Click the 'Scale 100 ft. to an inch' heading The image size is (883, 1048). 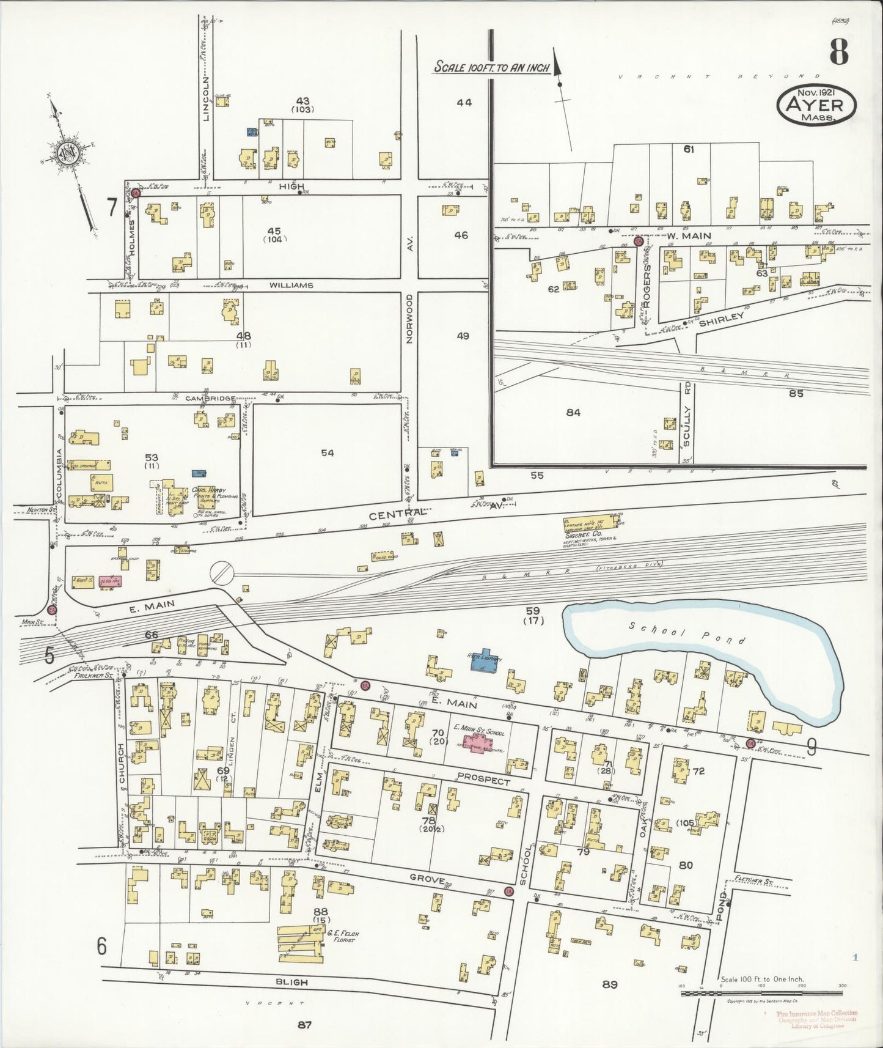pos(491,67)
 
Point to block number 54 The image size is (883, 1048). pos(328,452)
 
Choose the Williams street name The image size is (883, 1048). pos(298,285)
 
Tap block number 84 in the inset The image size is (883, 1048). pos(573,413)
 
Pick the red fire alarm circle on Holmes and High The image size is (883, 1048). pos(136,193)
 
